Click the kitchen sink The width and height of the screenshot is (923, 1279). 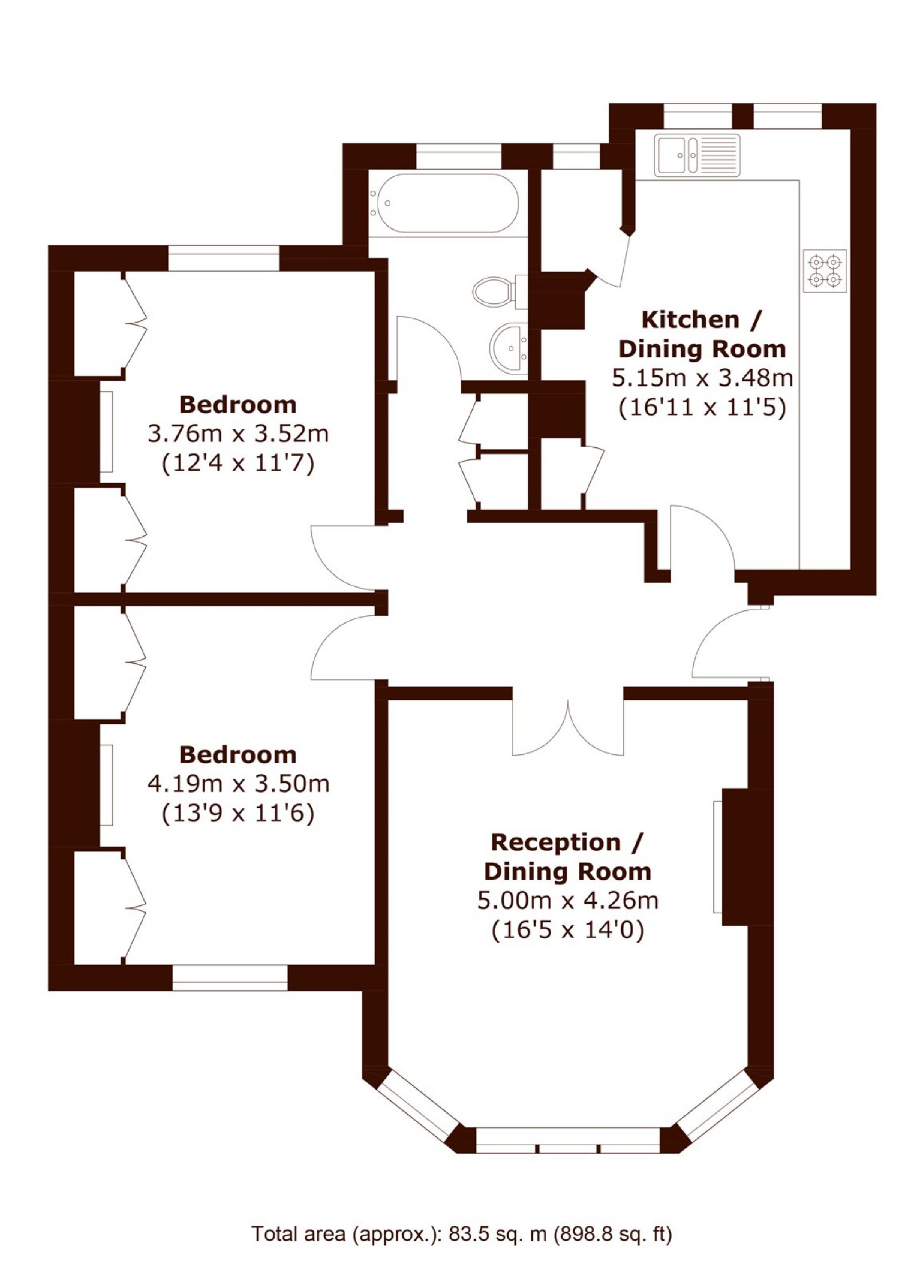coord(697,155)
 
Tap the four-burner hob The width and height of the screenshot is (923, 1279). coord(825,271)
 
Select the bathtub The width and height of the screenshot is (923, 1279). coord(444,203)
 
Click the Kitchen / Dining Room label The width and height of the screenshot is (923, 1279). coord(702,334)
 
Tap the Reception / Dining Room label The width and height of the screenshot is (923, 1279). coord(567,856)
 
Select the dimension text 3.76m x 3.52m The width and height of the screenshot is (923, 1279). coord(238,434)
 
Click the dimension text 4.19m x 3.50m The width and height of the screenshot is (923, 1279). coord(238,784)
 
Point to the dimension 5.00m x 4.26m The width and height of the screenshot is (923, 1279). coord(568,900)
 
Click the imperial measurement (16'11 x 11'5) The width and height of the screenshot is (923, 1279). coord(702,407)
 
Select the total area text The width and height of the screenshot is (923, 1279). coord(461,1234)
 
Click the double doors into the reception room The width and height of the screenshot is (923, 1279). coord(568,726)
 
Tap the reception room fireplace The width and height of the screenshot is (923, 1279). coord(743,856)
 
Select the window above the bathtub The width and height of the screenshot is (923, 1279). coord(459,156)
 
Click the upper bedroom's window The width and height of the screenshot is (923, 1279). coord(223,258)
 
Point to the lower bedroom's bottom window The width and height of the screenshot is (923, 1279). coord(230,977)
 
